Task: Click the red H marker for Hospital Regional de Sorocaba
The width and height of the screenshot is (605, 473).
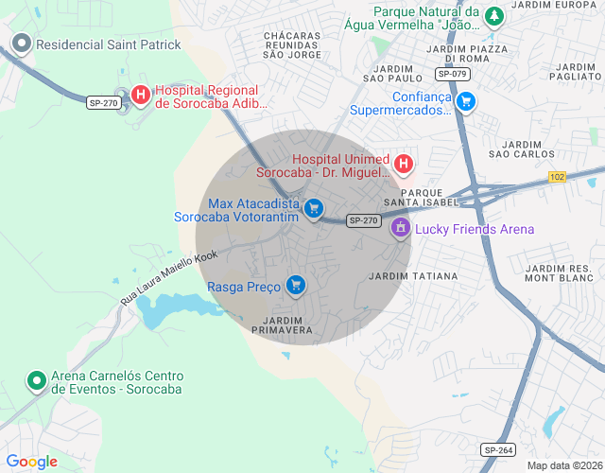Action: [x=141, y=95]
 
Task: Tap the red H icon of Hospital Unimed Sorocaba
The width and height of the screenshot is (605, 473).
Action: [x=404, y=165]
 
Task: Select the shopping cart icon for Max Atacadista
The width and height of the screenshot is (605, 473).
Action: [x=314, y=209]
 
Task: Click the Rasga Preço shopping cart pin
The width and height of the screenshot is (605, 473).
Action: [x=296, y=285]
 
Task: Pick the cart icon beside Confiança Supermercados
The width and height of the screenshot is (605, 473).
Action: [x=465, y=101]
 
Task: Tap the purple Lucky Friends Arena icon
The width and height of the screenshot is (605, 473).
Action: [x=401, y=228]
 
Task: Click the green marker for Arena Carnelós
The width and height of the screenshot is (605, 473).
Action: [x=37, y=380]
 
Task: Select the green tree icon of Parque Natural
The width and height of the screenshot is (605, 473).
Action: [x=493, y=16]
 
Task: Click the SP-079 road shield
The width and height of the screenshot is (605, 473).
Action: [x=453, y=74]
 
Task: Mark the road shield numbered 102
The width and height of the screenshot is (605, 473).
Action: [x=556, y=177]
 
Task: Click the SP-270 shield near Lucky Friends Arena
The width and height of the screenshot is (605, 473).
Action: [x=363, y=220]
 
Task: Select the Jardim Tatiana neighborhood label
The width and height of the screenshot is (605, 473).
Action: [x=412, y=276]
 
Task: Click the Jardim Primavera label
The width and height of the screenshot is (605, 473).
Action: [x=282, y=324]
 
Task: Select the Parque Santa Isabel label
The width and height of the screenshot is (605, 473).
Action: [x=421, y=196]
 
